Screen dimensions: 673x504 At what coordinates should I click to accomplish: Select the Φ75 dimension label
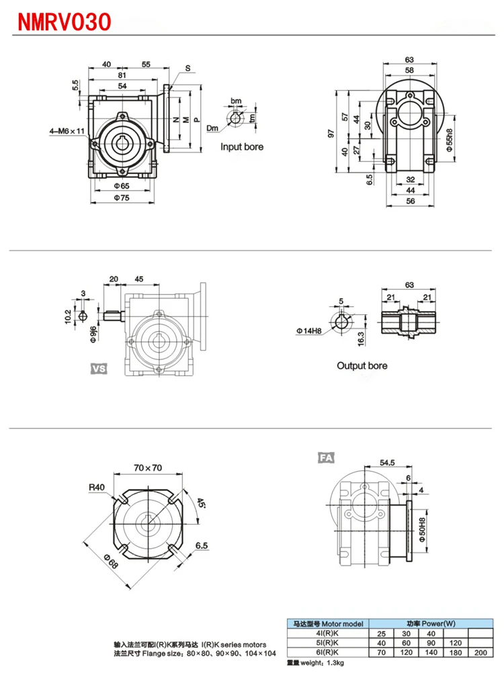[122, 197]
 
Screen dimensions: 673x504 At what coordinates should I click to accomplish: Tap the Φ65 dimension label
[122, 184]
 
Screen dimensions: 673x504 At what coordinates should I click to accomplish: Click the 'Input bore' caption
[243, 146]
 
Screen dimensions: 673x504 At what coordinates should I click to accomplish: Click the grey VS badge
[99, 368]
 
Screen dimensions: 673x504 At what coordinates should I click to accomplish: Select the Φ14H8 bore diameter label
[308, 330]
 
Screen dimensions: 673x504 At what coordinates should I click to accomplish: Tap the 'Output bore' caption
[362, 366]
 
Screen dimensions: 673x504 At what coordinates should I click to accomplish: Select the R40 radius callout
[97, 488]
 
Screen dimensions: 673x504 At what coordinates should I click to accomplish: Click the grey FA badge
[326, 458]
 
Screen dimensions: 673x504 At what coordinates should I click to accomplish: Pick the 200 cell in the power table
[481, 651]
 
